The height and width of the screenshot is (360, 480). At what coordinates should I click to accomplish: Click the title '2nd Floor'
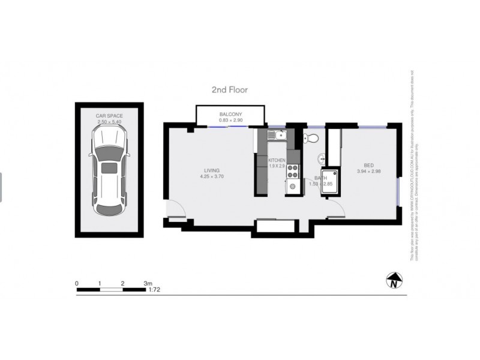click(229, 89)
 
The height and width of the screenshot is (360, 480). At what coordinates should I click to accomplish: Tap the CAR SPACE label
click(109, 115)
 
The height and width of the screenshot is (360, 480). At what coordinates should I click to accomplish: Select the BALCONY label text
click(230, 115)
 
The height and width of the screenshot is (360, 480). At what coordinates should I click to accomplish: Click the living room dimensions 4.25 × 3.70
click(212, 177)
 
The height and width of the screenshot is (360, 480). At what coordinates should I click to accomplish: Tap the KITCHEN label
click(277, 161)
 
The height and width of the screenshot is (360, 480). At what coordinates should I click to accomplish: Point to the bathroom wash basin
click(322, 159)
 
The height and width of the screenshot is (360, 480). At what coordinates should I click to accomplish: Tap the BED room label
click(368, 165)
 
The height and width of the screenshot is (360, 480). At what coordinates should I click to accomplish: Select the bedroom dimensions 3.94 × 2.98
click(368, 172)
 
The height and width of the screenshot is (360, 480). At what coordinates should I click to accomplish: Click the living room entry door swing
click(175, 208)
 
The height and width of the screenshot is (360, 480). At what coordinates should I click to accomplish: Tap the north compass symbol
click(394, 280)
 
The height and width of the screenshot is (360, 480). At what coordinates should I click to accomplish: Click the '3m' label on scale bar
click(148, 283)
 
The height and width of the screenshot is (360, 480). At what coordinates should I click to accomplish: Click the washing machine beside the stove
click(293, 187)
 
